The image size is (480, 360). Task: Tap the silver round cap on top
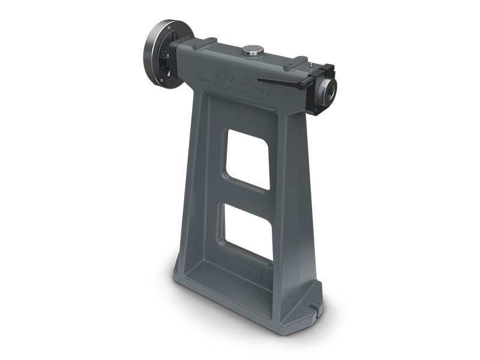tap(253, 50)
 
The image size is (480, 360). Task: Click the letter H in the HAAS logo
tap(214, 77)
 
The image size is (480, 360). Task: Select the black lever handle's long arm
tap(278, 82)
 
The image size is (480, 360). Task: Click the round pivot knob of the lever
tap(302, 86)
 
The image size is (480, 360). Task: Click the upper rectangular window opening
tap(247, 159)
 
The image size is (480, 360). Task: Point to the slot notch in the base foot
tap(313, 307)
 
